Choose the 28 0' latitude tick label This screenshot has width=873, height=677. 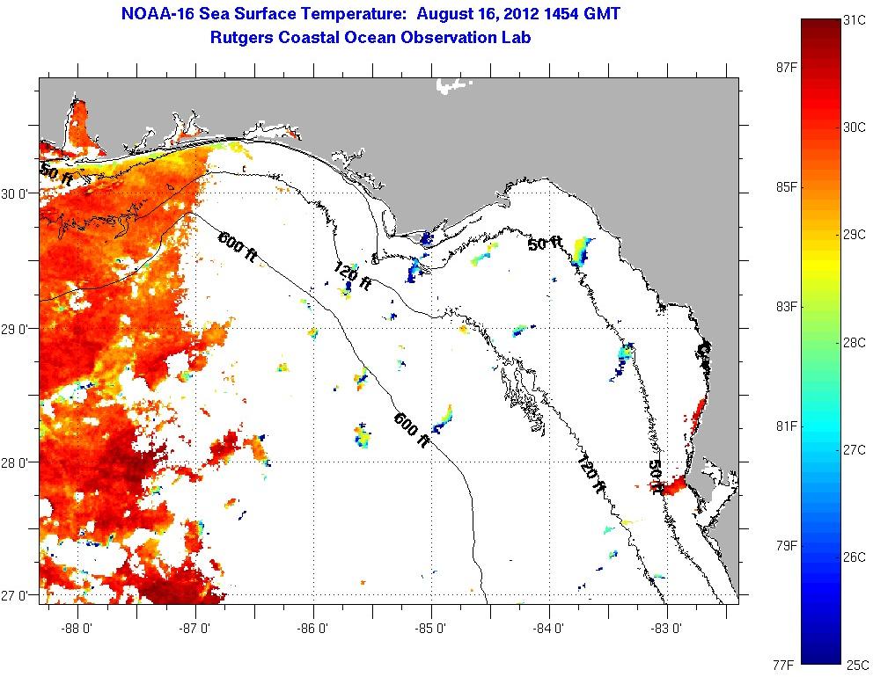tap(18, 462)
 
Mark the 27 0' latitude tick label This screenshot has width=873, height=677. tap(18, 595)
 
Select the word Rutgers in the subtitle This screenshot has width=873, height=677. tap(242, 38)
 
